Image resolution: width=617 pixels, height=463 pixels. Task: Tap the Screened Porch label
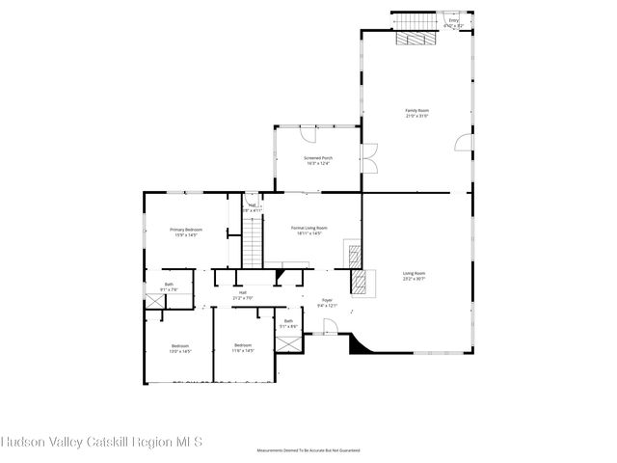pos(317,161)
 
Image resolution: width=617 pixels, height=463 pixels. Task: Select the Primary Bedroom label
pos(187,231)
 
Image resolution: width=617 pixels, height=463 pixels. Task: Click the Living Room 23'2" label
pos(414,276)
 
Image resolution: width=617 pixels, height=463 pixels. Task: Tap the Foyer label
pos(327,303)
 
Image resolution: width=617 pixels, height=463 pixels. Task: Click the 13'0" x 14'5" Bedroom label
pos(181,348)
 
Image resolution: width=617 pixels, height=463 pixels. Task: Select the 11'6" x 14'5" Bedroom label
pos(242,347)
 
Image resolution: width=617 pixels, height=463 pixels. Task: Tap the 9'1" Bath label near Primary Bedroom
pos(169,286)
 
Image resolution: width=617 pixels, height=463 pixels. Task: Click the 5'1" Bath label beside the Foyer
pos(288,323)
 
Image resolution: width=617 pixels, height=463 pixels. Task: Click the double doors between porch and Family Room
pos(368,157)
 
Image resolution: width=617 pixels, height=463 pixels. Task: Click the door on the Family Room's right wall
pos(465,144)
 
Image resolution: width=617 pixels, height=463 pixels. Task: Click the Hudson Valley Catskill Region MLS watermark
pos(101,443)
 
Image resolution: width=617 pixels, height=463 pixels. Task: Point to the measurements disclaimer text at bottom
pos(308,450)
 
